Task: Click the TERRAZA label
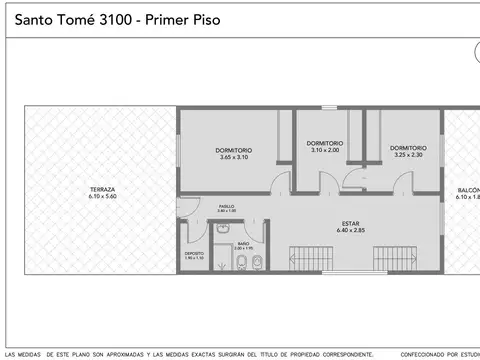coord(102,189)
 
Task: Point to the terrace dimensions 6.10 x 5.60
coord(102,197)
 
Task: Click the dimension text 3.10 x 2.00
coord(326,150)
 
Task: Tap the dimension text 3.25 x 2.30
coord(409,154)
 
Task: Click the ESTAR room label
coord(350,224)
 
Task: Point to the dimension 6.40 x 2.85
coord(350,231)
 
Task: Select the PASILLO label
coord(227,205)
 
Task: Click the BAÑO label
coord(243,243)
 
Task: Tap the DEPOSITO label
coord(194,253)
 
